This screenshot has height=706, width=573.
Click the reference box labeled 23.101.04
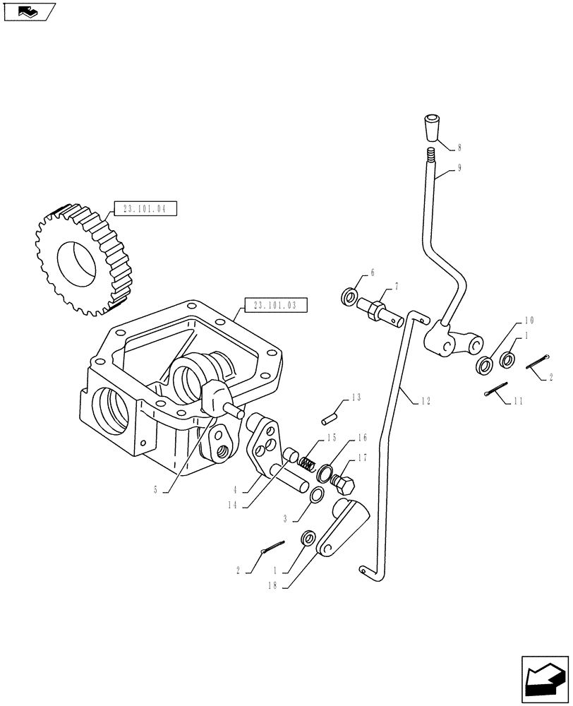[x=144, y=208]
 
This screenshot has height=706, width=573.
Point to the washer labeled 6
[x=349, y=297]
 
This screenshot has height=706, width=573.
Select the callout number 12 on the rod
[x=423, y=401]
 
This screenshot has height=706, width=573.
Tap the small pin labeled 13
[x=327, y=418]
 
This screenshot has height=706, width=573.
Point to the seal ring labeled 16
[x=325, y=472]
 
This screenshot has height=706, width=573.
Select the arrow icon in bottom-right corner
[x=543, y=676]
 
